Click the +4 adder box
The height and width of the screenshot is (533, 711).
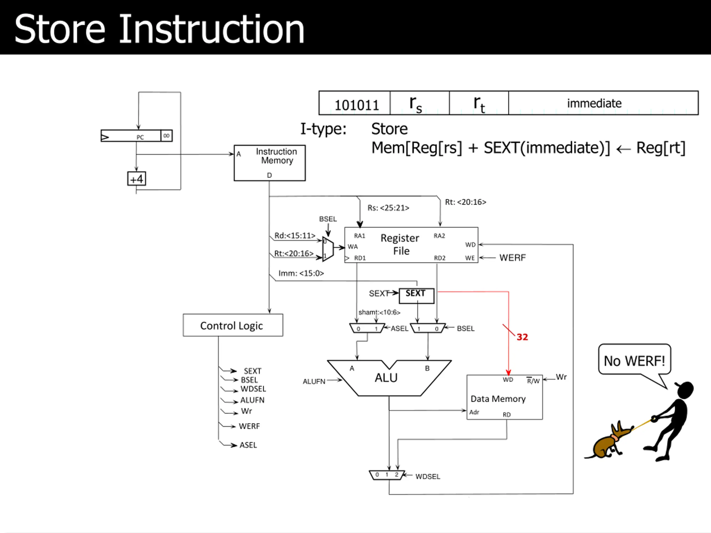pyautogui.click(x=137, y=178)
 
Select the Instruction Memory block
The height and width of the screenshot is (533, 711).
pyautogui.click(x=270, y=163)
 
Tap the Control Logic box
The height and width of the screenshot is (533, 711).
pyautogui.click(x=233, y=325)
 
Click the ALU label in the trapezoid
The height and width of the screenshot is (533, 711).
pyautogui.click(x=386, y=378)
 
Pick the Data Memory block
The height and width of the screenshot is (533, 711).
pyautogui.click(x=505, y=397)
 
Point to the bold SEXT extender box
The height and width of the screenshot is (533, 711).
pyautogui.click(x=417, y=296)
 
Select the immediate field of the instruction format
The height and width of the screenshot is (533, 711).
pyautogui.click(x=603, y=103)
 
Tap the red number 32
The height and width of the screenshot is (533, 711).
pyautogui.click(x=522, y=337)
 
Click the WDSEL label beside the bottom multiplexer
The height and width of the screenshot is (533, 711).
pyautogui.click(x=427, y=476)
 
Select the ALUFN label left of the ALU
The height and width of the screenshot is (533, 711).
pyautogui.click(x=314, y=381)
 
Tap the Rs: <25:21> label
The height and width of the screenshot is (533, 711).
pyautogui.click(x=388, y=208)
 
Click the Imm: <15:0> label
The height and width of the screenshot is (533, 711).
pyautogui.click(x=301, y=273)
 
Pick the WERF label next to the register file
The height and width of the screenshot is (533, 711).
pyautogui.click(x=512, y=258)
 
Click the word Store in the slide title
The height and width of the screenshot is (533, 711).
pyautogui.click(x=60, y=29)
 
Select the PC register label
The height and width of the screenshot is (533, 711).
pyautogui.click(x=140, y=137)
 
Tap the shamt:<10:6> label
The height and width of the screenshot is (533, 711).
pyautogui.click(x=379, y=312)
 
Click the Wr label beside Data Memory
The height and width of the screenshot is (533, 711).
pyautogui.click(x=561, y=377)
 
